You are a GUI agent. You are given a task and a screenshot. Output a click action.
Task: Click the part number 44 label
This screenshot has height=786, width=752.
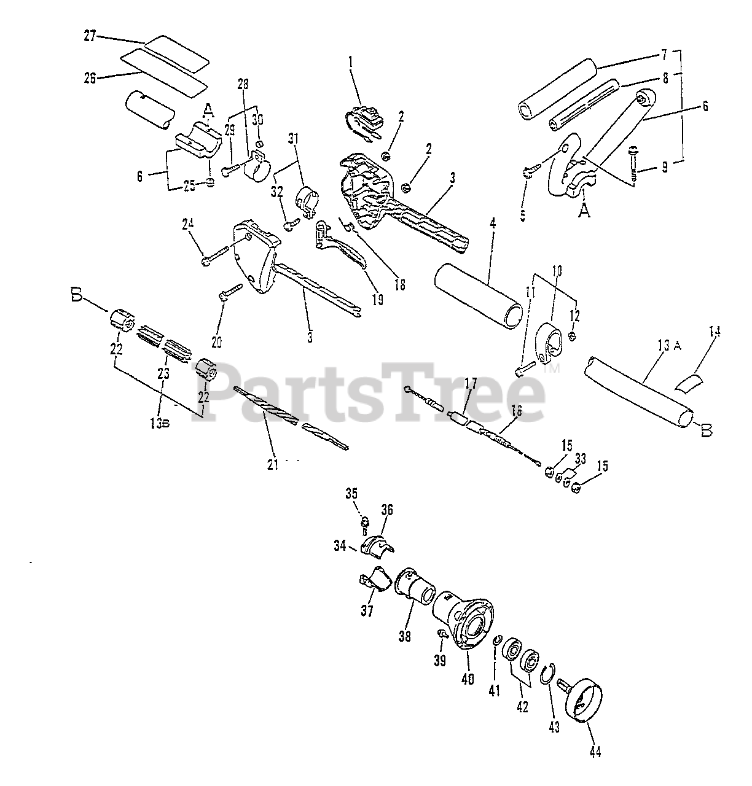[x=594, y=750]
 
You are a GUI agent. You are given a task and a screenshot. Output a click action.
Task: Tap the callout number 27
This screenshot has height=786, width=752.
[x=90, y=36]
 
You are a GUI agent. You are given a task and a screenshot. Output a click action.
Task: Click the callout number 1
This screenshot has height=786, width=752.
[x=350, y=61]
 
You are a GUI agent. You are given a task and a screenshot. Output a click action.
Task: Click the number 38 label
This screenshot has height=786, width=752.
[x=404, y=637]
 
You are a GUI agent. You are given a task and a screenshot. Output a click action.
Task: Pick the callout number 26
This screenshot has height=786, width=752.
[x=90, y=78]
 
